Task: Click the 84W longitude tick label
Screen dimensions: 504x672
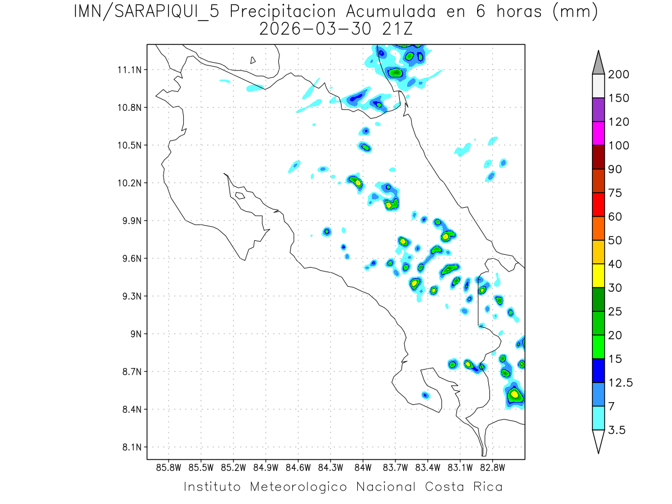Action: (x=363, y=467)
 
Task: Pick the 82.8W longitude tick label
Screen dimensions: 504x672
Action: (x=493, y=467)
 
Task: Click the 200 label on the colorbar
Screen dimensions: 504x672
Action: (x=619, y=74)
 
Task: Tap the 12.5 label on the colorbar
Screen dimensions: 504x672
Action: (x=620, y=383)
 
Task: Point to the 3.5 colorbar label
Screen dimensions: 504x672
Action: (x=617, y=430)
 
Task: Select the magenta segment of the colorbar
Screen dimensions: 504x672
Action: (x=598, y=133)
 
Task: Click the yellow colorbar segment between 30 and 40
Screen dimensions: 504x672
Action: (x=598, y=276)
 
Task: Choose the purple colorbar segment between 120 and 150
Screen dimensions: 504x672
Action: (x=598, y=110)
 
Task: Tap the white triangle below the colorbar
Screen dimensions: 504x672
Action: (x=598, y=440)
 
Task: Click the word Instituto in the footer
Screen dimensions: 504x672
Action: (x=212, y=487)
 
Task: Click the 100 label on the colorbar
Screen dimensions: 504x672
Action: (x=619, y=146)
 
